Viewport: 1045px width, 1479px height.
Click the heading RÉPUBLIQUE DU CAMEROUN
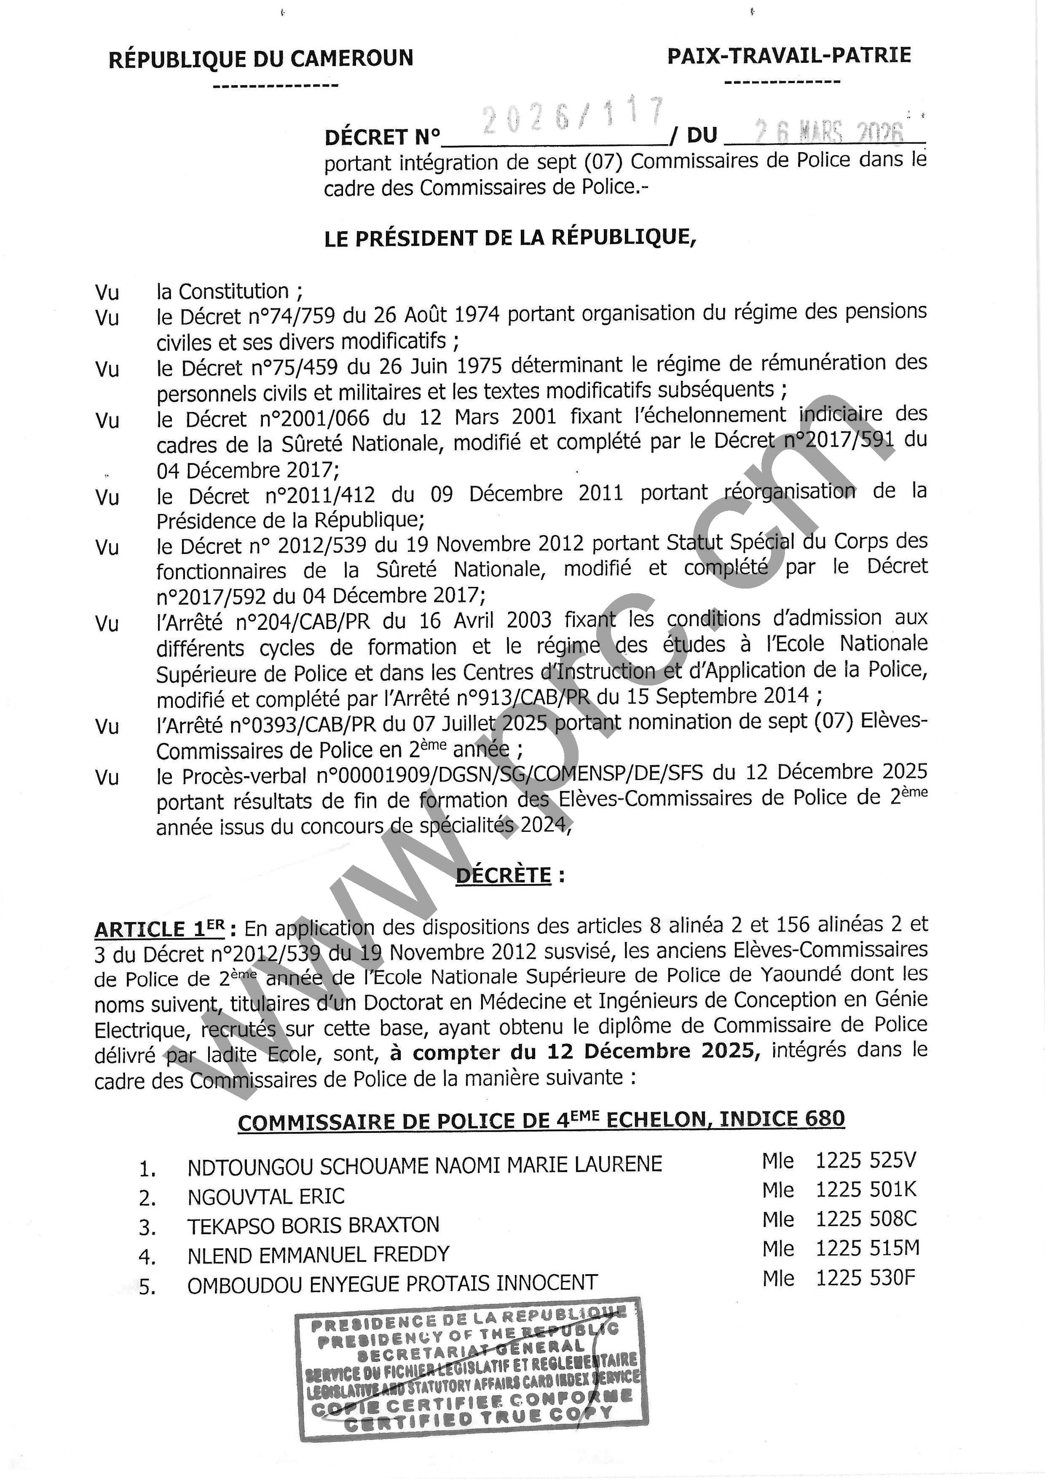pos(261,59)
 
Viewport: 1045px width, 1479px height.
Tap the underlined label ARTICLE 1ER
pos(160,929)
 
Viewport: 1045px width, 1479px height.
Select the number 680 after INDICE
pos(823,1119)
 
